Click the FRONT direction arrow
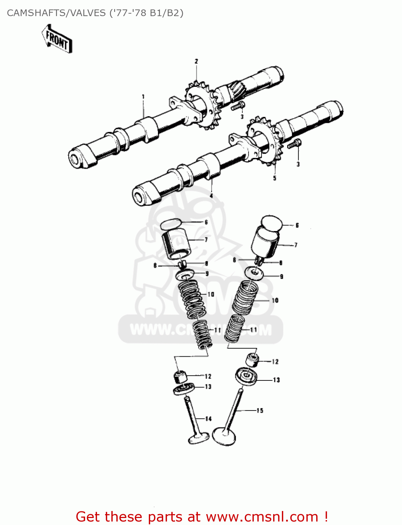pyautogui.click(x=57, y=38)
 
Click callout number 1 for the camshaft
pyautogui.click(x=143, y=97)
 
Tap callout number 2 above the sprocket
pyautogui.click(x=196, y=62)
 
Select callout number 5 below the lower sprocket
pyautogui.click(x=275, y=178)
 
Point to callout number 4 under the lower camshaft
pyautogui.click(x=211, y=196)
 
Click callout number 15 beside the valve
pyautogui.click(x=260, y=411)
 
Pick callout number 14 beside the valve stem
pyautogui.click(x=208, y=419)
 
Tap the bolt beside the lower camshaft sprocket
pyautogui.click(x=294, y=144)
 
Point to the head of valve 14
pyautogui.click(x=199, y=438)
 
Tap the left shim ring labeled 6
pyautogui.click(x=171, y=224)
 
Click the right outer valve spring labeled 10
pyautogui.click(x=245, y=298)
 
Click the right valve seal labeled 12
pyautogui.click(x=252, y=360)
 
